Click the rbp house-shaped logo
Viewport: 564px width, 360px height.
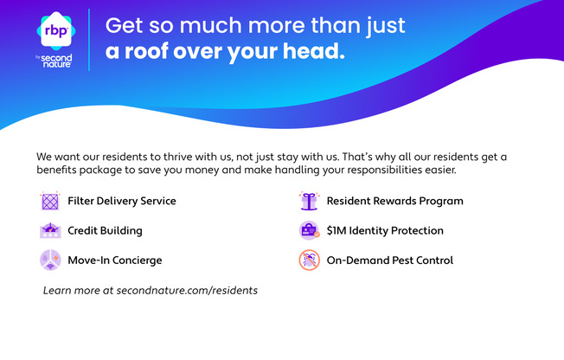point(56,30)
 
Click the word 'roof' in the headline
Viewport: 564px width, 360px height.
point(146,51)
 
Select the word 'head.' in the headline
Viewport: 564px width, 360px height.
point(314,51)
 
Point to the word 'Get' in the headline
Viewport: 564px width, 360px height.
point(124,26)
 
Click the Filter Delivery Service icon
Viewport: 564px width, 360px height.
point(50,201)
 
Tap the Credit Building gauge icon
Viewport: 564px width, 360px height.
point(50,230)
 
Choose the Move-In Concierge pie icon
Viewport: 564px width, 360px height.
point(50,260)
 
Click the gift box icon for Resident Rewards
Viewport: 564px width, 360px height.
point(309,201)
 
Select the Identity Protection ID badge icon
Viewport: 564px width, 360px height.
point(309,230)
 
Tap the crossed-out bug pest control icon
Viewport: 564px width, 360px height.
point(309,260)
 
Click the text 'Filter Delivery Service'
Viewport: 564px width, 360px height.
point(122,201)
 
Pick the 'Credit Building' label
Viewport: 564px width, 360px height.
point(105,230)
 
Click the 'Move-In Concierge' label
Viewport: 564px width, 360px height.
point(115,260)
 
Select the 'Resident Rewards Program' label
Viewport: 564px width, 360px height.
point(395,201)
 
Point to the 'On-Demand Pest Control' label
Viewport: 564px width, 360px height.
point(390,260)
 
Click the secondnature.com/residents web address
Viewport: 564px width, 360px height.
point(187,290)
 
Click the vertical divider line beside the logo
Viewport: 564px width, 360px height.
point(89,40)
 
